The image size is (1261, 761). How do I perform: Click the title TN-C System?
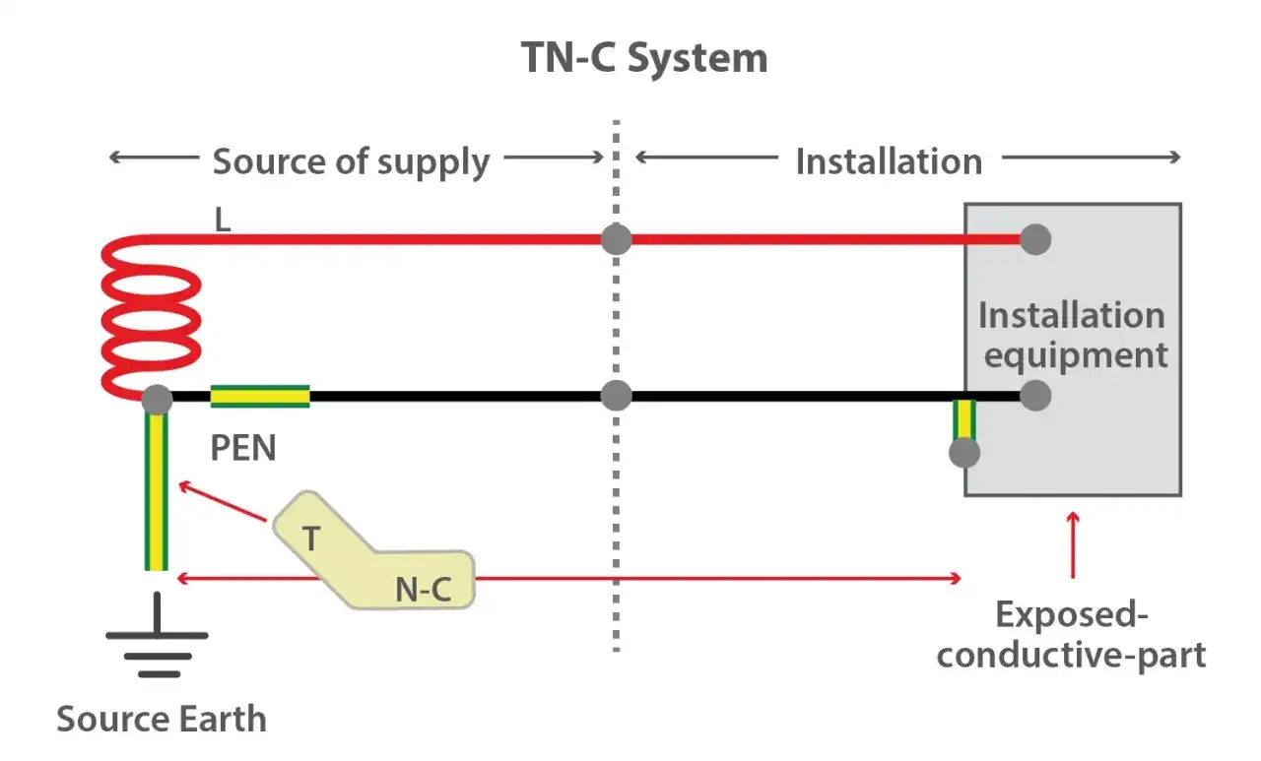(x=644, y=59)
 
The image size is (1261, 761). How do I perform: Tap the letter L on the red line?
(x=223, y=220)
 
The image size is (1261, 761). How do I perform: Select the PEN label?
(x=243, y=448)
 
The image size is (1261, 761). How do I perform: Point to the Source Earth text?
(x=162, y=719)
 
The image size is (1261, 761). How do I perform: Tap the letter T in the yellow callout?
(x=310, y=539)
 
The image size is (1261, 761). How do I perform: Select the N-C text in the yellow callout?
(x=424, y=589)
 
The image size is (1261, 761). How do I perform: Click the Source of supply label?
(x=351, y=161)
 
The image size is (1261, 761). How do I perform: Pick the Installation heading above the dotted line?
(x=889, y=161)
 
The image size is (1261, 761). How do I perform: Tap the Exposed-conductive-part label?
(x=1072, y=635)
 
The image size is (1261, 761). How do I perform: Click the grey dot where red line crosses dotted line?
(x=616, y=239)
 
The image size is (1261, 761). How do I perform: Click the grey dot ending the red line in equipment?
(x=1035, y=239)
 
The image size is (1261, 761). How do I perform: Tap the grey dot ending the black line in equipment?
(x=1035, y=396)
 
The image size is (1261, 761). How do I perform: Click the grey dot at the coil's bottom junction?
(x=157, y=400)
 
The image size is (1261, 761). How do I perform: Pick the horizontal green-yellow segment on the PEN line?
(x=260, y=397)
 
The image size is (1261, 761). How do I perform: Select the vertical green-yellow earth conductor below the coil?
(x=157, y=492)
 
